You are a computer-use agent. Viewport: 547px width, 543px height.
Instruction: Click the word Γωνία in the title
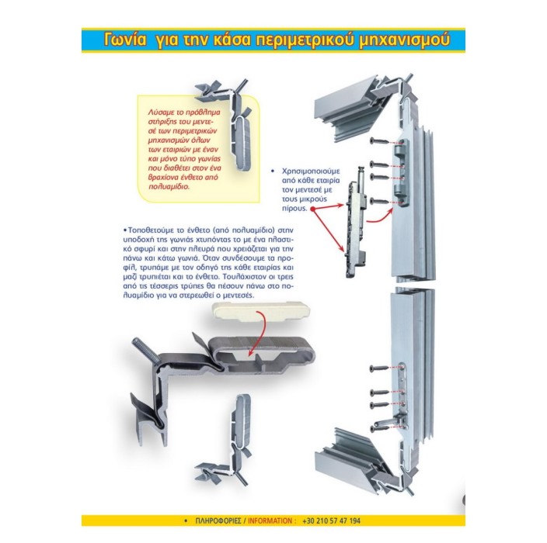click(x=125, y=40)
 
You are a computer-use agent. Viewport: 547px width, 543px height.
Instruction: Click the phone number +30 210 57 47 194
click(x=332, y=521)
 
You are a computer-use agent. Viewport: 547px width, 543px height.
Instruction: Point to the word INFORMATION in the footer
click(x=270, y=521)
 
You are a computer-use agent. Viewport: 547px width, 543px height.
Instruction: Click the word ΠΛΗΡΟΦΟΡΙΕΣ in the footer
click(x=218, y=521)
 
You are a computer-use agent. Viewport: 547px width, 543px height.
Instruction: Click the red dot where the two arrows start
click(x=312, y=209)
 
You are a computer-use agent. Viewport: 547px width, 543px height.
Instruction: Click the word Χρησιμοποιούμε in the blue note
click(x=311, y=171)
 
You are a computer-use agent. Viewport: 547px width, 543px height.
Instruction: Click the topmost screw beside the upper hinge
click(x=379, y=141)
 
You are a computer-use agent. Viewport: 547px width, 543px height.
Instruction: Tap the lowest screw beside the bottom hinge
click(x=379, y=428)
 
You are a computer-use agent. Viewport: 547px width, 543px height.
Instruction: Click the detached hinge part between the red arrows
click(x=356, y=223)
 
